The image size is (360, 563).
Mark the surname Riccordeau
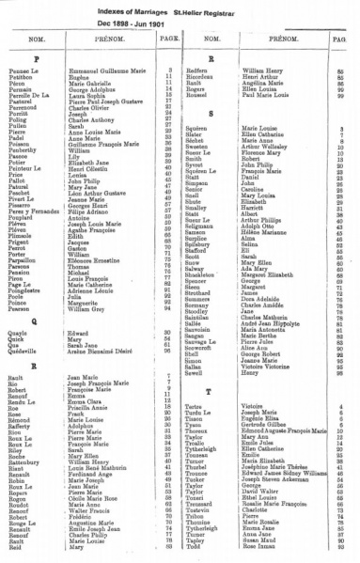point(218,75)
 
